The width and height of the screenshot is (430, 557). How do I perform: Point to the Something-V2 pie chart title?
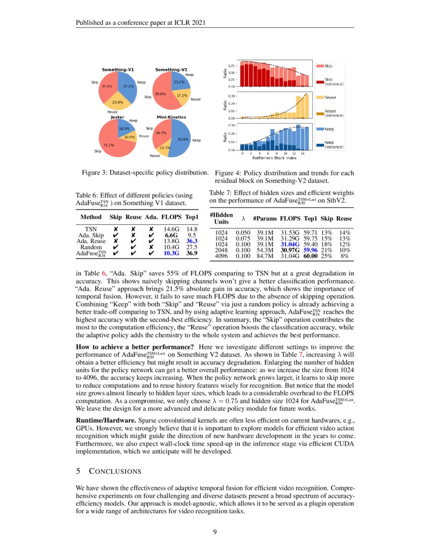(171, 69)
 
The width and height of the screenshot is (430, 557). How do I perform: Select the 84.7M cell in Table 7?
(264, 257)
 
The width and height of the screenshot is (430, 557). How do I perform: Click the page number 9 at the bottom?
(215, 532)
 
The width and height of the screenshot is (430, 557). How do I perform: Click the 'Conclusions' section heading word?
(115, 471)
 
